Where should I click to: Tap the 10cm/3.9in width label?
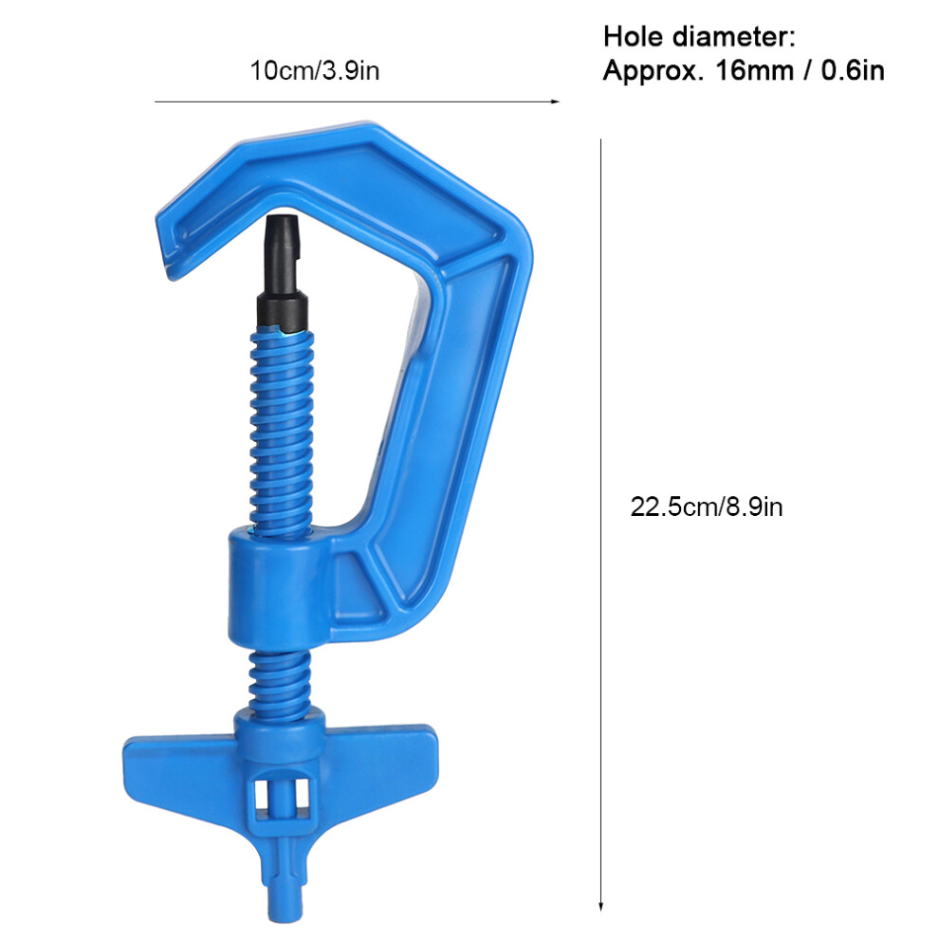tap(314, 71)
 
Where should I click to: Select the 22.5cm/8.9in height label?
tap(706, 506)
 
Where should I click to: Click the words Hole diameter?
tap(699, 37)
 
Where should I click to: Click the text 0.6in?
tap(853, 71)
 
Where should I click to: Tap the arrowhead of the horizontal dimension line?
tap(555, 101)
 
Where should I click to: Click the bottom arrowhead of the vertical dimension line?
tap(600, 906)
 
